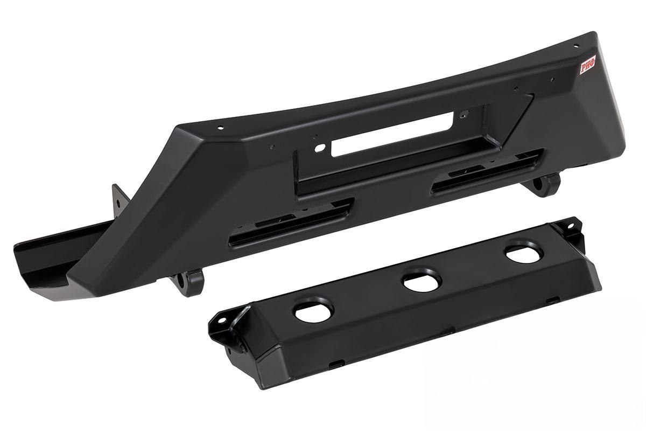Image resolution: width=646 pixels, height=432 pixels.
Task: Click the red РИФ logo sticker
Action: tap(587, 65)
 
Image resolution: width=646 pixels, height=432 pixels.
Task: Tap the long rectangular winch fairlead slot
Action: tap(393, 134)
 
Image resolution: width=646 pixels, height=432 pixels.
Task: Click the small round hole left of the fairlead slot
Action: tap(319, 148)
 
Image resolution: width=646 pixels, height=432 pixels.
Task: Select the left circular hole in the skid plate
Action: tap(314, 311)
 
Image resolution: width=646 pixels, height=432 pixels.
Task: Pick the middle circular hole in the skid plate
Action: tap(422, 281)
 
